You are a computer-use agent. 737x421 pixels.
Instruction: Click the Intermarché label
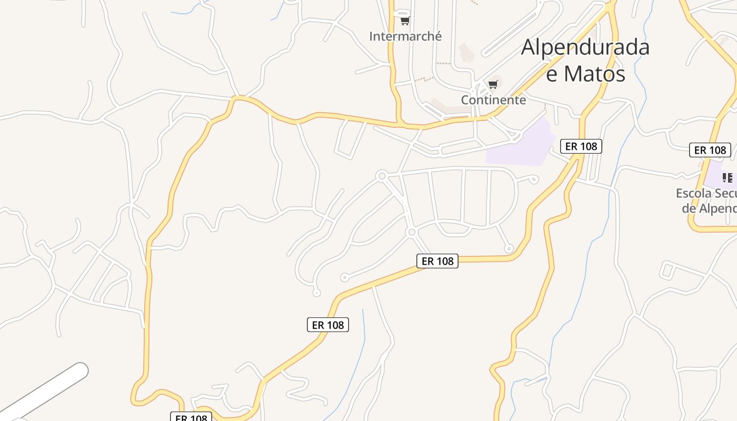405,36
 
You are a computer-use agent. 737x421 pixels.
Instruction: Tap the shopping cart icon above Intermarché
405,21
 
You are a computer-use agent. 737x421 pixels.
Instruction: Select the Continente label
493,100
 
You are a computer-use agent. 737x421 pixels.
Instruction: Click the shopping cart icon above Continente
493,84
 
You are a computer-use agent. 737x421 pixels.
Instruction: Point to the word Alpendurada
585,47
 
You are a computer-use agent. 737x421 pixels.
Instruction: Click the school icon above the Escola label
728,177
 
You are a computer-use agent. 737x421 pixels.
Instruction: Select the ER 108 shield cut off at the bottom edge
191,417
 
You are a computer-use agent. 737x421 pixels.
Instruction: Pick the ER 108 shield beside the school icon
710,150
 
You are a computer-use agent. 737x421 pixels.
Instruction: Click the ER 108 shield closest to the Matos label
581,146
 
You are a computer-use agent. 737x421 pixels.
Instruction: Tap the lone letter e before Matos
551,74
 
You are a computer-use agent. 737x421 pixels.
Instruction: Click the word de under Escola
689,208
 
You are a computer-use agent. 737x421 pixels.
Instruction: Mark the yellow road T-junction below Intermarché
400,124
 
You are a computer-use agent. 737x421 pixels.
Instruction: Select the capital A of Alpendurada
530,47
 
